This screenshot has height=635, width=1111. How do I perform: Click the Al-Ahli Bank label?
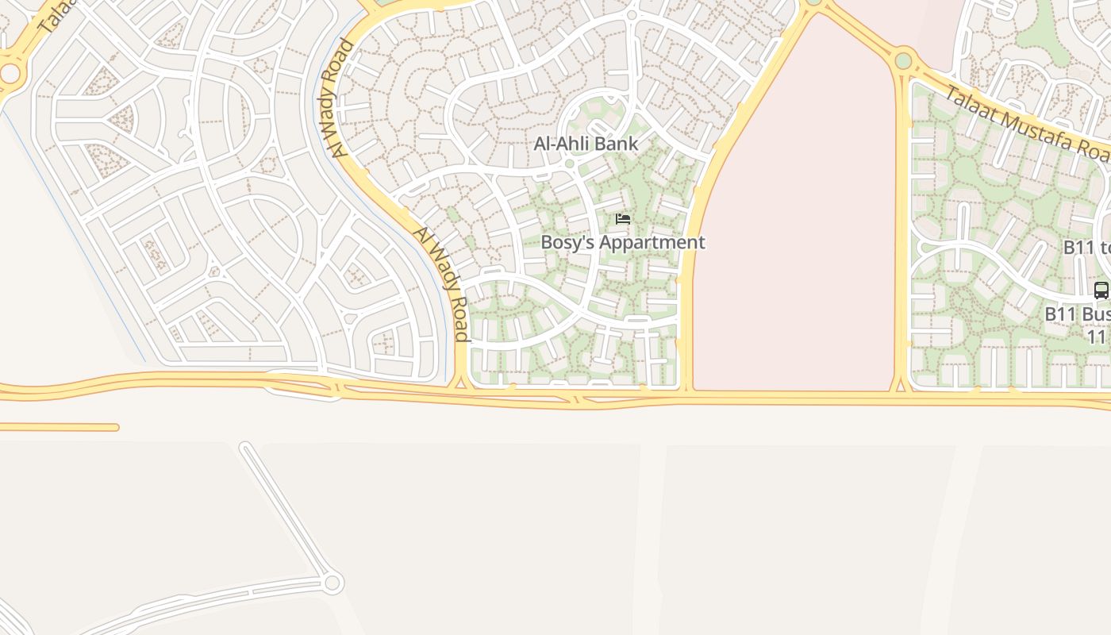tap(586, 144)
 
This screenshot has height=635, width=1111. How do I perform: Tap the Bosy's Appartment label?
tap(622, 243)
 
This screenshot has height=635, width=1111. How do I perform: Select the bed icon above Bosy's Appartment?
tap(623, 218)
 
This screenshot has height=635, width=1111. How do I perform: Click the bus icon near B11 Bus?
tap(1101, 291)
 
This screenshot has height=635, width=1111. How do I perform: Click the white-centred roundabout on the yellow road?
tap(10, 74)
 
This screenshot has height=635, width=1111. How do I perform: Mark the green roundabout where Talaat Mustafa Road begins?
tap(903, 60)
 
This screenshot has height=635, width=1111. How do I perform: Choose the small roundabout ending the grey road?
tap(333, 583)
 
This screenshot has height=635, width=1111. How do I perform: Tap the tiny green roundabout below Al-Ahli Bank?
tap(569, 164)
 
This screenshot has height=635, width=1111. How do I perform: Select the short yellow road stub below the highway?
tap(60, 427)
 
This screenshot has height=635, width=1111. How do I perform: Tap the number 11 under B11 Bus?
tap(1097, 337)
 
